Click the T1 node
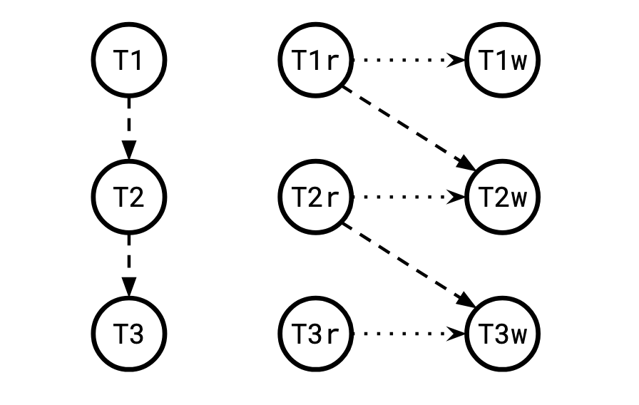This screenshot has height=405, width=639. (x=129, y=60)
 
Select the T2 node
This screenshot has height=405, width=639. (x=129, y=196)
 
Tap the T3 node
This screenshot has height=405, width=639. (x=129, y=332)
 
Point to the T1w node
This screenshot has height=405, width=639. (x=502, y=60)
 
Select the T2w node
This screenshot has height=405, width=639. (x=502, y=196)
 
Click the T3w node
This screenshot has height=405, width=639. (x=502, y=332)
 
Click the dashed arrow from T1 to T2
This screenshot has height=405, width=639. (x=129, y=125)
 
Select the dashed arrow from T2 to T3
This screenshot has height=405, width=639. (x=129, y=261)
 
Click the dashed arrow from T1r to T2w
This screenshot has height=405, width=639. (x=407, y=127)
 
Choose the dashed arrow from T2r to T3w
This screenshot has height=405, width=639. (x=407, y=264)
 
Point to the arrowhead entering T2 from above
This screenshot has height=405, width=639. (x=129, y=151)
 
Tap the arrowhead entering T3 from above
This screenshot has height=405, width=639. (x=129, y=287)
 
